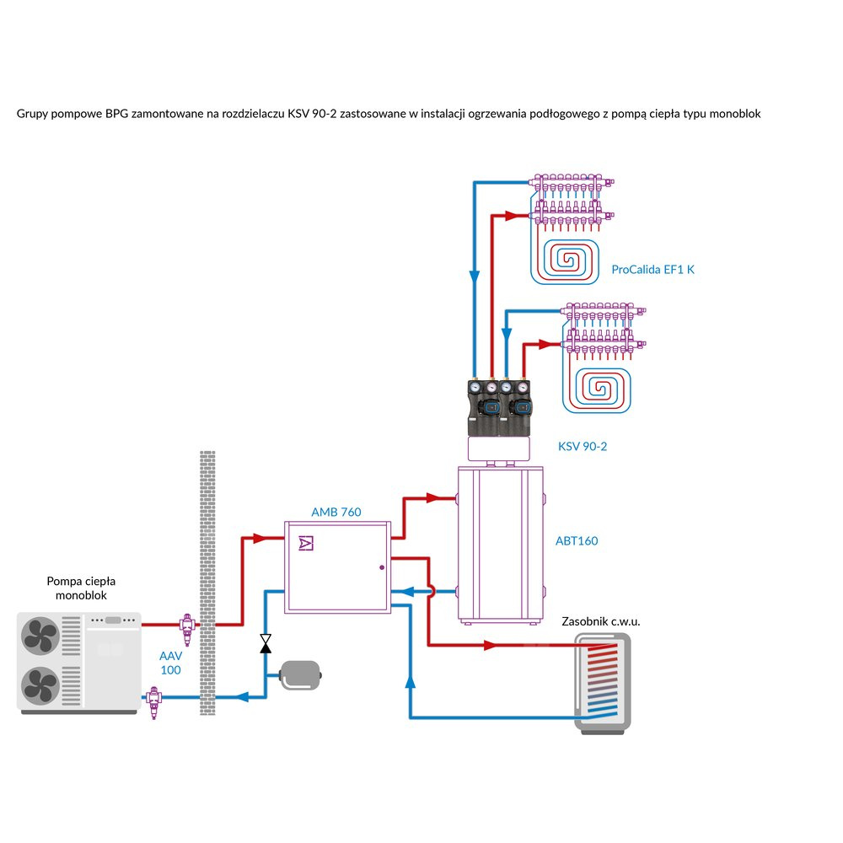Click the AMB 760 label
[336, 512]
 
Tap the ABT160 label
[577, 540]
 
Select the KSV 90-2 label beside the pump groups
[582, 447]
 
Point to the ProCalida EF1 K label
[653, 270]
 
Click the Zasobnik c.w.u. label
[601, 621]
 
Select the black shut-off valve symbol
[266, 644]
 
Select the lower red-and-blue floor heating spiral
[604, 387]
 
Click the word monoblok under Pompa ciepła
[82, 596]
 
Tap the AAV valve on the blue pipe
[153, 700]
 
